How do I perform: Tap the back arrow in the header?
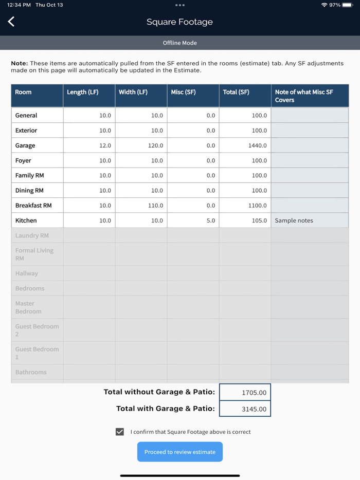(x=11, y=22)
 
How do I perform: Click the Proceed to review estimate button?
(x=180, y=452)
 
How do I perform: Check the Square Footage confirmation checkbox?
(x=120, y=432)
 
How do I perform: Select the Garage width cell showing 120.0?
(x=141, y=145)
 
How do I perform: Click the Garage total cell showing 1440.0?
(x=245, y=145)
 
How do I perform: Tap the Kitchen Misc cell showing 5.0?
(x=193, y=220)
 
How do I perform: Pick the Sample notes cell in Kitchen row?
(x=310, y=220)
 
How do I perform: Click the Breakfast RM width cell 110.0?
(x=141, y=206)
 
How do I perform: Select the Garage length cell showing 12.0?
(x=89, y=145)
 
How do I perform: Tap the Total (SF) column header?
(x=245, y=93)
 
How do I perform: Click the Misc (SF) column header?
(x=193, y=93)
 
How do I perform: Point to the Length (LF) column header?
(x=89, y=93)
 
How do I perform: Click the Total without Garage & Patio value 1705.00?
(x=245, y=393)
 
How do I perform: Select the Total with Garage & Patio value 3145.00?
(x=245, y=409)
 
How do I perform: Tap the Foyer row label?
(x=24, y=160)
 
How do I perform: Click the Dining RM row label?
(x=29, y=191)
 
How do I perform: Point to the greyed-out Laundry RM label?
(x=32, y=235)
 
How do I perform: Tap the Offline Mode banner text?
(x=180, y=43)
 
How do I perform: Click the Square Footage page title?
(x=179, y=22)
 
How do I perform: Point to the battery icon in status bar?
(x=348, y=5)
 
